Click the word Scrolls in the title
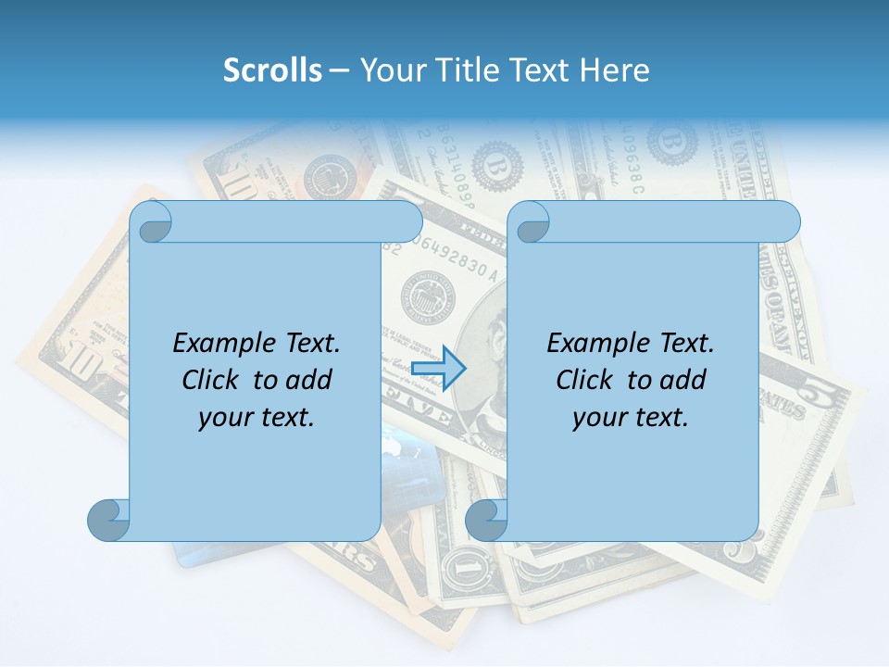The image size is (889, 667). tap(273, 69)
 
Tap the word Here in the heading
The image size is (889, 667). tap(615, 69)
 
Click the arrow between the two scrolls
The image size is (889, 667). tap(437, 369)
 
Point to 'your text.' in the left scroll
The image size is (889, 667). tap(257, 417)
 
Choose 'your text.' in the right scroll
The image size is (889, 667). tap(631, 417)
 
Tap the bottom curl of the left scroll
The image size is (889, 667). tap(108, 520)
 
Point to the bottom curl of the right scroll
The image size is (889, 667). tap(486, 520)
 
